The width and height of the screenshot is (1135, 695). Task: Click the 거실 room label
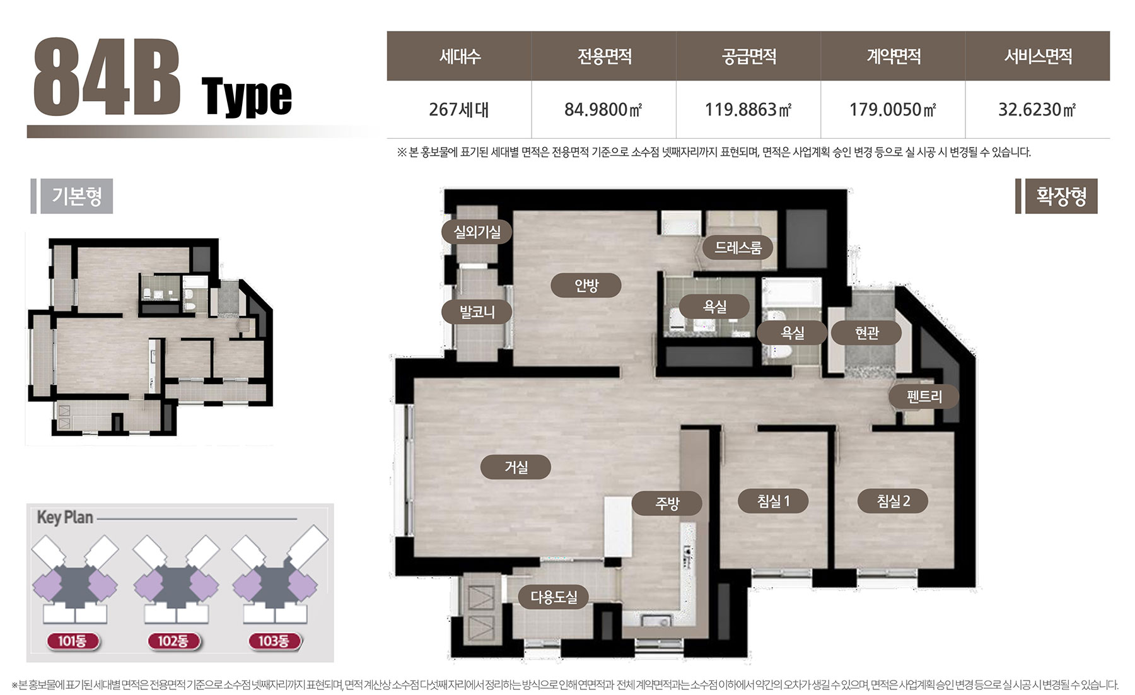click(x=516, y=467)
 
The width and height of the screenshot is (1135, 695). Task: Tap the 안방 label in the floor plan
click(x=586, y=286)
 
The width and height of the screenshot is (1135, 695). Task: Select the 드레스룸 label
click(x=738, y=247)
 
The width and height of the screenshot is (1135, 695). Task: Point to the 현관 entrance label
click(x=866, y=332)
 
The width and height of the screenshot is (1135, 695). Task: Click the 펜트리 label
click(x=924, y=397)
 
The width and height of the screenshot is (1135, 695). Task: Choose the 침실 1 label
click(x=773, y=501)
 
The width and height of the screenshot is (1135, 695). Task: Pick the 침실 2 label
click(x=893, y=501)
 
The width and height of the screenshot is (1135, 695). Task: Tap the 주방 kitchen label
click(x=667, y=503)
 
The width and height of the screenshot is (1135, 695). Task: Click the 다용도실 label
click(x=554, y=597)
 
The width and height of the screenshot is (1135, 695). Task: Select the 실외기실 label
click(x=477, y=232)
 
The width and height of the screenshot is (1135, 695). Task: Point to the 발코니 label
click(x=477, y=312)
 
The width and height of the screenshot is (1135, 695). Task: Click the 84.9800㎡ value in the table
click(x=603, y=110)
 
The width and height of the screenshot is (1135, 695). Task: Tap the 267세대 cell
click(x=458, y=110)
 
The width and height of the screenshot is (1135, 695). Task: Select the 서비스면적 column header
click(x=1038, y=57)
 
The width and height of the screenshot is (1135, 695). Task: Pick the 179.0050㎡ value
click(x=893, y=110)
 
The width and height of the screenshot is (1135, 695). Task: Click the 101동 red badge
click(x=73, y=641)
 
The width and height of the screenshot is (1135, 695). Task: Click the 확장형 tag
click(x=1061, y=196)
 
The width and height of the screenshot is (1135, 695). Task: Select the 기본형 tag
click(x=77, y=196)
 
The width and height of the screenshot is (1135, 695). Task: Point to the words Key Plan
click(x=65, y=518)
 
